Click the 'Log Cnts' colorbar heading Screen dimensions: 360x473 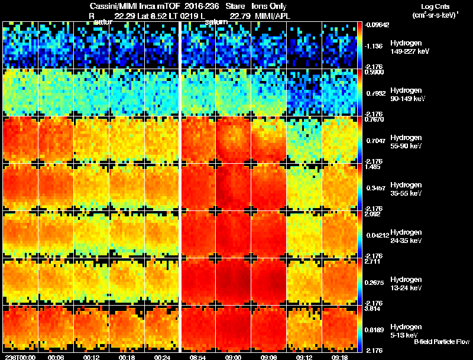click(435, 7)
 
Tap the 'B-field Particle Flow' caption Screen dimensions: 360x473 click(442, 342)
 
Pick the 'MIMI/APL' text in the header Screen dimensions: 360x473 click(268, 15)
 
